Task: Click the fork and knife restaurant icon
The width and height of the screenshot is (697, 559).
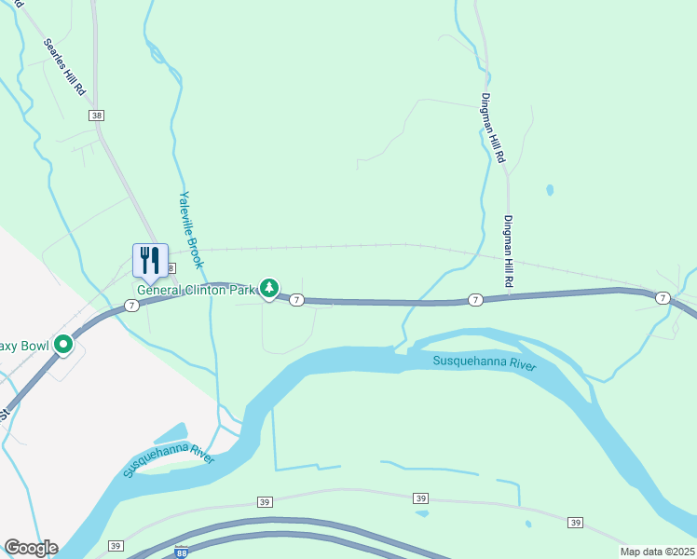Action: point(150,259)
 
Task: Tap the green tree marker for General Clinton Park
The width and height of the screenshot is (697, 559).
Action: point(269,289)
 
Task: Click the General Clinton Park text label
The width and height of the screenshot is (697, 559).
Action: point(197,290)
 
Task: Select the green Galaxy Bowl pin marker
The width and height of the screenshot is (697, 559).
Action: point(63,345)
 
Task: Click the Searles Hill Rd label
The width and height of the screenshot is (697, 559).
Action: point(65,69)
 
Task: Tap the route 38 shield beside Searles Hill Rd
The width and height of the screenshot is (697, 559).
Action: point(97,115)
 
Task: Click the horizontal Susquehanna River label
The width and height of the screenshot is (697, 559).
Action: point(485,362)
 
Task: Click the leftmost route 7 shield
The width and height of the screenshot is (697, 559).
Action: point(131,306)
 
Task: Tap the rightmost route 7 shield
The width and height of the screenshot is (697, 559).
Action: point(662,298)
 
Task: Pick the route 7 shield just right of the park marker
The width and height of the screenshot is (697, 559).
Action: point(296,299)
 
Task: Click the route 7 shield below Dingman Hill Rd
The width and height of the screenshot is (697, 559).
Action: point(475,300)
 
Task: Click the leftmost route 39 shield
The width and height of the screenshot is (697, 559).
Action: point(116,546)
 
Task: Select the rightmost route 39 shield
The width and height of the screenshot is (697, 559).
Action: point(575,523)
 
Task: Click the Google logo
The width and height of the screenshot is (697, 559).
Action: point(31,548)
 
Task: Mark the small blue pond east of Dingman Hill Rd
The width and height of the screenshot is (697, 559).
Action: point(550,190)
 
